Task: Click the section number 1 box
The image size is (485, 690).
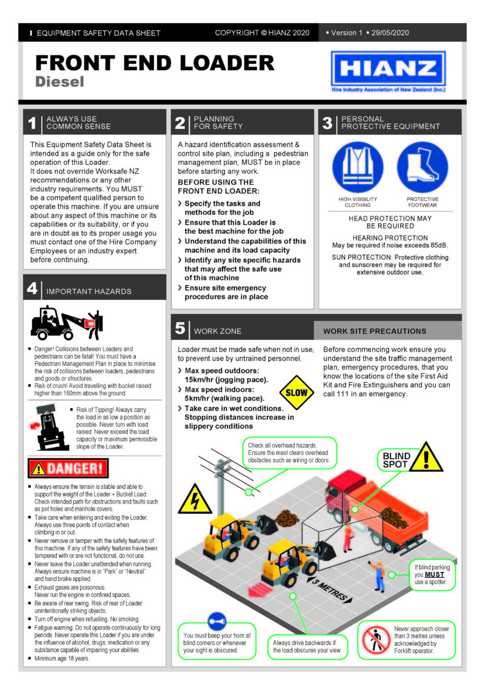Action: (32, 123)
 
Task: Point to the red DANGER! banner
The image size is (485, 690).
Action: (68, 468)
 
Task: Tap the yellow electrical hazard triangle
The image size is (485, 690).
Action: (195, 499)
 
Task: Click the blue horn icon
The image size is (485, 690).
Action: (216, 621)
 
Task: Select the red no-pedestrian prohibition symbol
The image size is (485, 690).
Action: (376, 640)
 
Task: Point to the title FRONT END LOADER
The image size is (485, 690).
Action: (155, 62)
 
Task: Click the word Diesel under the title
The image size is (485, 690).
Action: (59, 81)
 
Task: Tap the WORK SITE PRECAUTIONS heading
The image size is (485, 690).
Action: (374, 331)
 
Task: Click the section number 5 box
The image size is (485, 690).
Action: (180, 328)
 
